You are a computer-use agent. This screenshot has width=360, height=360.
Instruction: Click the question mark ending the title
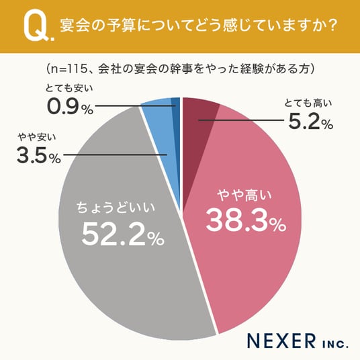[x=332, y=26]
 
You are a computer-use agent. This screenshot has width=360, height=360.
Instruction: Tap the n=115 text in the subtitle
[x=67, y=69]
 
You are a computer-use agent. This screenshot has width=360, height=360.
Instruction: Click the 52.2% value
[x=123, y=235]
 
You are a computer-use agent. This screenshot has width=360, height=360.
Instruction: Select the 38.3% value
[x=246, y=220]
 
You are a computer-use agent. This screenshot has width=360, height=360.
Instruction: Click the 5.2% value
[x=310, y=122]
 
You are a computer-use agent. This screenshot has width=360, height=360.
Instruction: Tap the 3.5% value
[x=39, y=155]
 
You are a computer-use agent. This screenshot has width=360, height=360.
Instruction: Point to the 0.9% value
[x=70, y=107]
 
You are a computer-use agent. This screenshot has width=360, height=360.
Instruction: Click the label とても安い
[x=69, y=88]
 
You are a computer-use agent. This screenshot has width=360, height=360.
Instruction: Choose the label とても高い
[x=308, y=103]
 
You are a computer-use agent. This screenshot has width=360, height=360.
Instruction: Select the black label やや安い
[x=37, y=137]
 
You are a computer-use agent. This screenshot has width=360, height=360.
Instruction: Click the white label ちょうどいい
[x=116, y=208]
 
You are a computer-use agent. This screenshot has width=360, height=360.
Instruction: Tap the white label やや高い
[x=244, y=195]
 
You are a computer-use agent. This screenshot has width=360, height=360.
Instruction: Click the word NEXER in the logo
[x=281, y=341]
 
